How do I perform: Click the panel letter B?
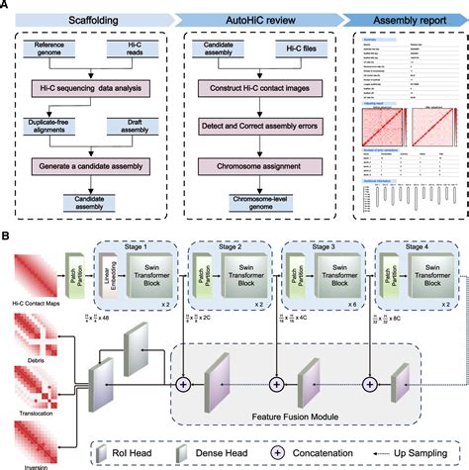(7, 236)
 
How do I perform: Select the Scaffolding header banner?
(90, 19)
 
